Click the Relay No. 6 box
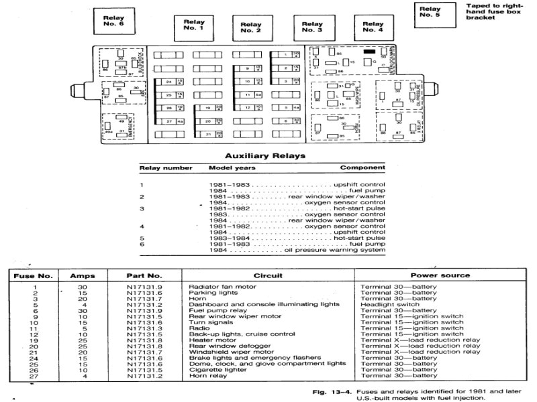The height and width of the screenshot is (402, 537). coord(113,19)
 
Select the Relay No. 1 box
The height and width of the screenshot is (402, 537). coord(194,27)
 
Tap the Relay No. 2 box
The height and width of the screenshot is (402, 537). coord(251,27)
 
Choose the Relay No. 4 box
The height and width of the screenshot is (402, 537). coord(373,27)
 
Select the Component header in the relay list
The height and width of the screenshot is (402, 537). coord(362,167)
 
